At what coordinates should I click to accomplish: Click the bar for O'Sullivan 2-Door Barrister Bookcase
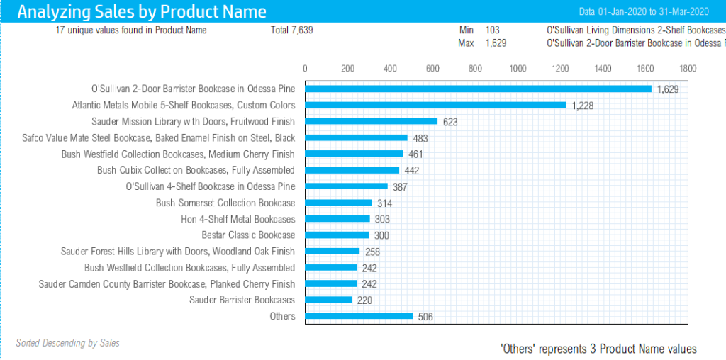pos(478,89)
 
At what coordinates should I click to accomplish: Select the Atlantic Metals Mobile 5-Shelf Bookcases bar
pos(435,105)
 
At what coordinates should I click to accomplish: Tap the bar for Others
pos(359,316)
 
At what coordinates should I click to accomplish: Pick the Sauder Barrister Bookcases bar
pos(328,300)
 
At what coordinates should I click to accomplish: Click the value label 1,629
pos(668,89)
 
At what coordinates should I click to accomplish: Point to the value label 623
pos(450,122)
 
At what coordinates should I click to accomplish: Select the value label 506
pos(425,317)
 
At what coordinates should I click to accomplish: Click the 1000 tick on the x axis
pos(518,69)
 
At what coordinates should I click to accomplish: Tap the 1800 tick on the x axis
pos(688,69)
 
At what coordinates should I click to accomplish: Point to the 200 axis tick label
pos(347,69)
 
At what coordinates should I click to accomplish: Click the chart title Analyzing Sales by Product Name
pos(142,11)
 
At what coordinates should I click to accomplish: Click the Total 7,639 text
pos(291,30)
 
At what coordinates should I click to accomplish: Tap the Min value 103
pos(492,30)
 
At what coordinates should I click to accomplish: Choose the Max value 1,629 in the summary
pos(496,43)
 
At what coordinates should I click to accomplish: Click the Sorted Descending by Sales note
pos(67,343)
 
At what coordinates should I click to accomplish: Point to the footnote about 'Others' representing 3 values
pos(598,349)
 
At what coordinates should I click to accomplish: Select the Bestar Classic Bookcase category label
pos(248,235)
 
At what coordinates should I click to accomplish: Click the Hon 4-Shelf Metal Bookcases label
pos(238,219)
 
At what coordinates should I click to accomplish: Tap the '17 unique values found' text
pos(131,30)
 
